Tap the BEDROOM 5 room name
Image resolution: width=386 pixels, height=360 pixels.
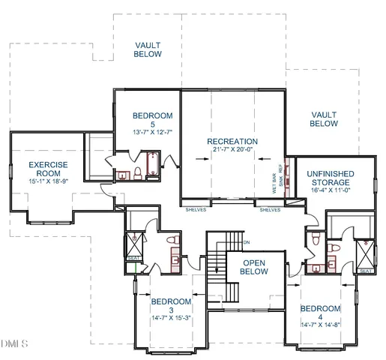153,119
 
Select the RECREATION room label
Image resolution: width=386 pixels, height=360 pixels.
232,142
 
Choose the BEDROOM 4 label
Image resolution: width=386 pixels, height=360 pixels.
321,313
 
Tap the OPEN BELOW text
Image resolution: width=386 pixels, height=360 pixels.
259,268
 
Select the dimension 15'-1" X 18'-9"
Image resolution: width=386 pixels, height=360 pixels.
49,181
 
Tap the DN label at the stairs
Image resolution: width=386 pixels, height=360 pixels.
246,242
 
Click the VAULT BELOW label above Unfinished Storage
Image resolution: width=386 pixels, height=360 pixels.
324,118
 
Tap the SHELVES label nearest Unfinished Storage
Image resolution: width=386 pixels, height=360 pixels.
270,210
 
